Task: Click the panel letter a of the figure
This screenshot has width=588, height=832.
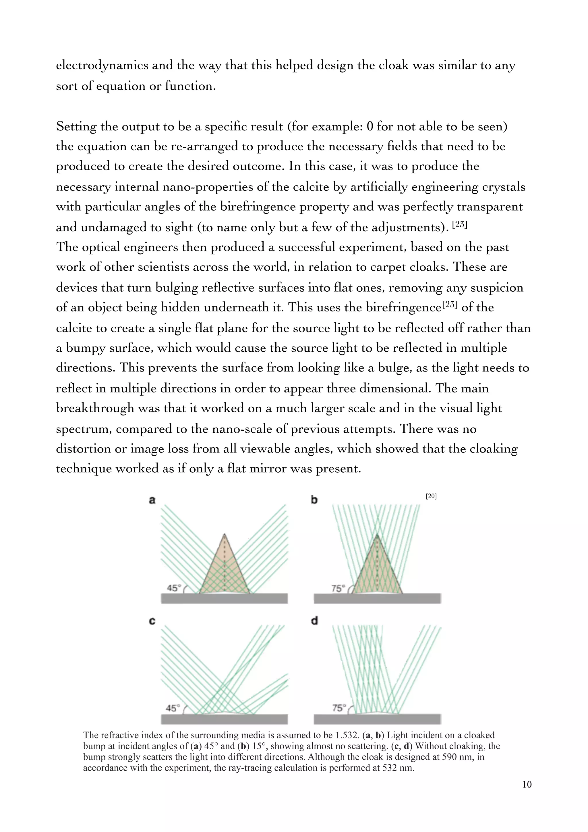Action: pos(152,500)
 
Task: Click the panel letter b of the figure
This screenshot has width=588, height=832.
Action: pos(314,500)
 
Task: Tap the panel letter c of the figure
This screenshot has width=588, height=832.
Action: pos(152,621)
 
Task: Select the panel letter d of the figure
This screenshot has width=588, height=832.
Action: pos(314,621)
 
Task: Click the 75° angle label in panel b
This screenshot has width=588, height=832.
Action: pos(337,588)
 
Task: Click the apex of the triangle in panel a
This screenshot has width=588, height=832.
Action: pos(225,534)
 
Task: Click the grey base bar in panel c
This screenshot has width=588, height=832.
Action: pos(224,719)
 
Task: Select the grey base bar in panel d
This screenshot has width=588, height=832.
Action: pos(377,719)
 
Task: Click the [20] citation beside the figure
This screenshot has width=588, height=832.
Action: pos(431,496)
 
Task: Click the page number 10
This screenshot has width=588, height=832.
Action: pos(527,785)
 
